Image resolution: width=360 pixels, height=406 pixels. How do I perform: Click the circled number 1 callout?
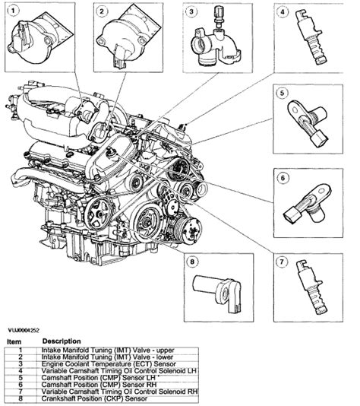point(13,11)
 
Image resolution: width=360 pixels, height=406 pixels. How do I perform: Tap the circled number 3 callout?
point(191,11)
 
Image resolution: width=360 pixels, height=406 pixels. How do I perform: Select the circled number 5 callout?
point(282,93)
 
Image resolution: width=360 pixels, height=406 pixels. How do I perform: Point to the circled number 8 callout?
point(192,262)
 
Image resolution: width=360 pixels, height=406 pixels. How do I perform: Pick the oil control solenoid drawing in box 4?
point(311,36)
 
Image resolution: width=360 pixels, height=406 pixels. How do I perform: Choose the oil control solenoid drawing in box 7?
point(312,287)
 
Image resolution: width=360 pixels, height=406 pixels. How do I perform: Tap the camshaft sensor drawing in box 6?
point(308,205)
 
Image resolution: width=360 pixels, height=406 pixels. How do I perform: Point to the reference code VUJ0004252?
point(24,331)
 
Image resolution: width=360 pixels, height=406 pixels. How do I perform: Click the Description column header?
point(62,341)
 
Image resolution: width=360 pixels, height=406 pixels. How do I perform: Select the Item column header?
point(14,342)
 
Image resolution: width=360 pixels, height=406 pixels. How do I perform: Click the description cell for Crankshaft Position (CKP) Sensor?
point(94,398)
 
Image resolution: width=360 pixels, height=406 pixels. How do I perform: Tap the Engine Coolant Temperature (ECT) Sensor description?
point(109,364)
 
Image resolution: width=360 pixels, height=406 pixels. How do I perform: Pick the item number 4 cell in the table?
point(21,371)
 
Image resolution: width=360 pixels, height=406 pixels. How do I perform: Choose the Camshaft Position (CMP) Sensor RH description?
point(99,385)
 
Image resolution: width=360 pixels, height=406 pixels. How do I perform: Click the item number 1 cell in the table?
point(21,350)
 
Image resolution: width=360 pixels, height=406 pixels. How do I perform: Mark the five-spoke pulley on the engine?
point(99,214)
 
